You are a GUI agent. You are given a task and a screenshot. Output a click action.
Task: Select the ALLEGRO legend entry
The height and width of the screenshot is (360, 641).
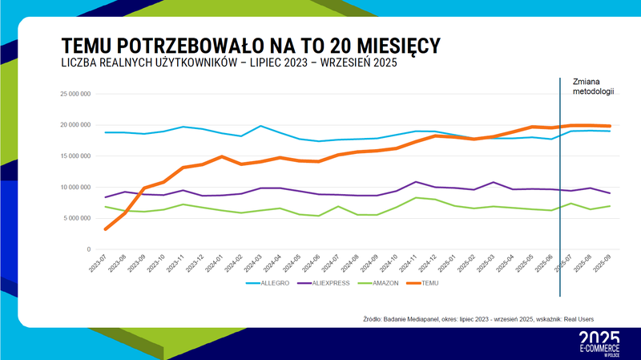[266, 283]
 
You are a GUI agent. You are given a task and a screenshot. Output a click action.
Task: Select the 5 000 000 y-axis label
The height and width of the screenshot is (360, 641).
[78, 218]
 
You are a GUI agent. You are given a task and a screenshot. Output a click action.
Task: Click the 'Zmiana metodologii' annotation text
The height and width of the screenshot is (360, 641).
[594, 87]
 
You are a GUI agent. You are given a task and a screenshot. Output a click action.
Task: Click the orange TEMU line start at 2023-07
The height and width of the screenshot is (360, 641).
[107, 229]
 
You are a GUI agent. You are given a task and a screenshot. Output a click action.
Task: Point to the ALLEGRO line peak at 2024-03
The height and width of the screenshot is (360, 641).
[260, 126]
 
